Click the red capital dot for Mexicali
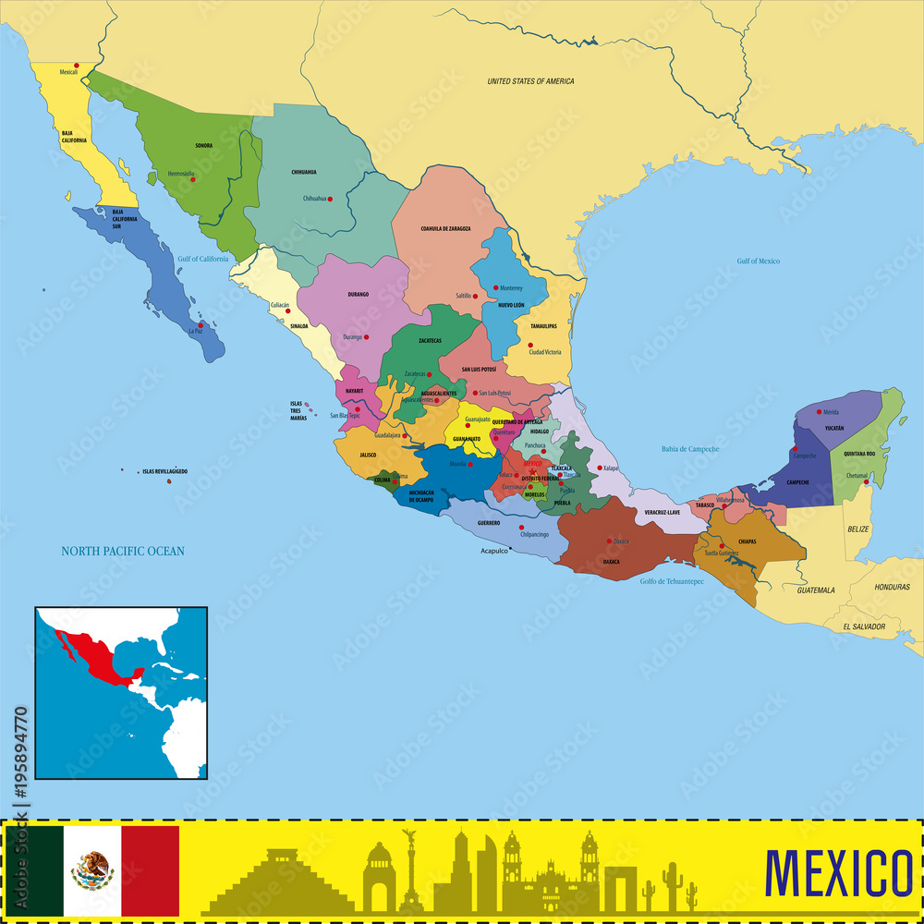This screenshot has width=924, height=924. point(77,65)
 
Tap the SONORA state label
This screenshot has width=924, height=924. point(203,145)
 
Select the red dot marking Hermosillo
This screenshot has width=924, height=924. point(193,178)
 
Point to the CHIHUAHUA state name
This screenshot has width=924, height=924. point(304,172)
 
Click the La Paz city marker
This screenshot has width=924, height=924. point(200,324)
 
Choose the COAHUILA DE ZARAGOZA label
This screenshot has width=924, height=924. point(445,228)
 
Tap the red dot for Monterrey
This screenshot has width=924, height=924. point(495,287)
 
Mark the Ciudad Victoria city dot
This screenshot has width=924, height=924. point(529,345)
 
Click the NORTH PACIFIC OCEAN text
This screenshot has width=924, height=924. point(123,552)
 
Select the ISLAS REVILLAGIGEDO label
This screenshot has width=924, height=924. point(164,471)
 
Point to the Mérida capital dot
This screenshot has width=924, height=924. point(819,411)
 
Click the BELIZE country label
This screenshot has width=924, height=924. point(858,529)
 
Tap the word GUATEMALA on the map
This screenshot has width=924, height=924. point(816,590)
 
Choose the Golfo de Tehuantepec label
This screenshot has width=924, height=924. point(672,581)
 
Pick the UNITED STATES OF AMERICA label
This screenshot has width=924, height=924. point(530,81)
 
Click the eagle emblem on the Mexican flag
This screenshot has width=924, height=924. point(92,869)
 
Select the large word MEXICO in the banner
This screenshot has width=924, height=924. point(838,871)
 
